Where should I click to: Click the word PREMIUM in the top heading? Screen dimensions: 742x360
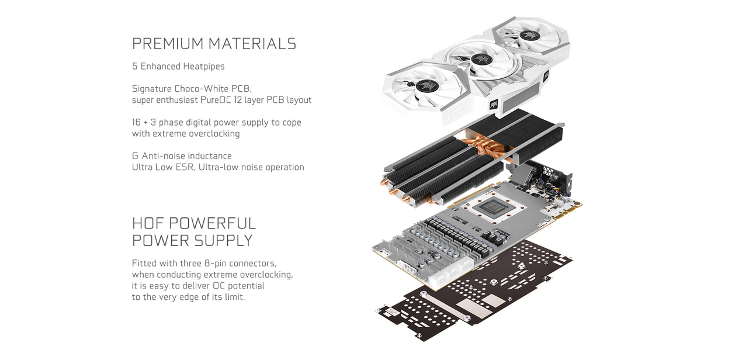168,44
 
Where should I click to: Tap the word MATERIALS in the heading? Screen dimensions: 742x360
252,44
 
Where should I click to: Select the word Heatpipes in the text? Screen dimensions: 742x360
204,67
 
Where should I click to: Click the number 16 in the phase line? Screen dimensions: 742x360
136,123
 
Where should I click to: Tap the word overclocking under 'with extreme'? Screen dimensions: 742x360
214,134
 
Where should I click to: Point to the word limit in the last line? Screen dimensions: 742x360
234,297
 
